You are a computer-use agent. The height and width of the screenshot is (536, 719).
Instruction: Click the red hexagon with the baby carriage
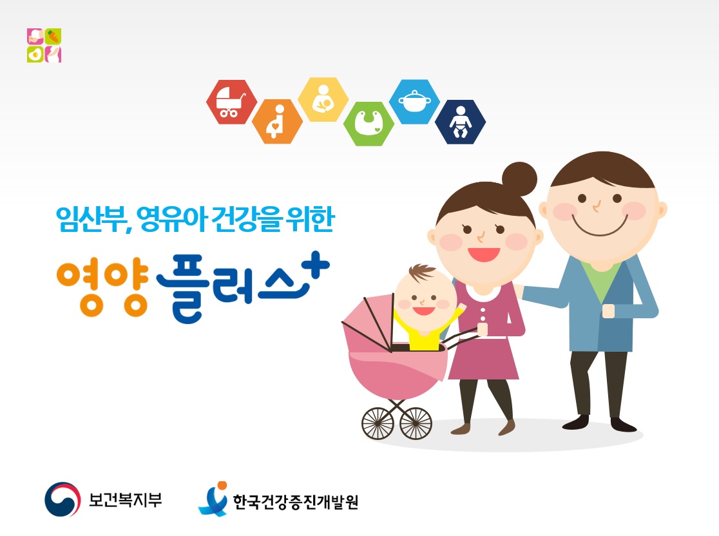(231, 102)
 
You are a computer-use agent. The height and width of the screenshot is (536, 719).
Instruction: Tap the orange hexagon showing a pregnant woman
(277, 122)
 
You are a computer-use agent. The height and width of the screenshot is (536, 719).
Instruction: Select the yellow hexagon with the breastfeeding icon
(323, 99)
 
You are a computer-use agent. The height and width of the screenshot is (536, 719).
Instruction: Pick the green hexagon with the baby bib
(369, 124)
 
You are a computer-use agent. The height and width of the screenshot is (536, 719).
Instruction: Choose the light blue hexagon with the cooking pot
(414, 101)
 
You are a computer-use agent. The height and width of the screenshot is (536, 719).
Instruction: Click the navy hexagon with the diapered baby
(460, 122)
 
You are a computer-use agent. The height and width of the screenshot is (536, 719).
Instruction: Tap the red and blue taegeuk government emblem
(63, 499)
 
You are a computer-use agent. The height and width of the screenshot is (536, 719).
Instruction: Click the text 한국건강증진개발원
(295, 502)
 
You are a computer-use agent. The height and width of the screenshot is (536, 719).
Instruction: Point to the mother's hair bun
(519, 179)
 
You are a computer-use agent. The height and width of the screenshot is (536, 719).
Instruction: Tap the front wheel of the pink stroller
(378, 424)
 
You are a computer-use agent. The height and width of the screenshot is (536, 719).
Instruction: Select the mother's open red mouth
(484, 254)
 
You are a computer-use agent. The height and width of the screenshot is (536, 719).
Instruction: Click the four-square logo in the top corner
(44, 45)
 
